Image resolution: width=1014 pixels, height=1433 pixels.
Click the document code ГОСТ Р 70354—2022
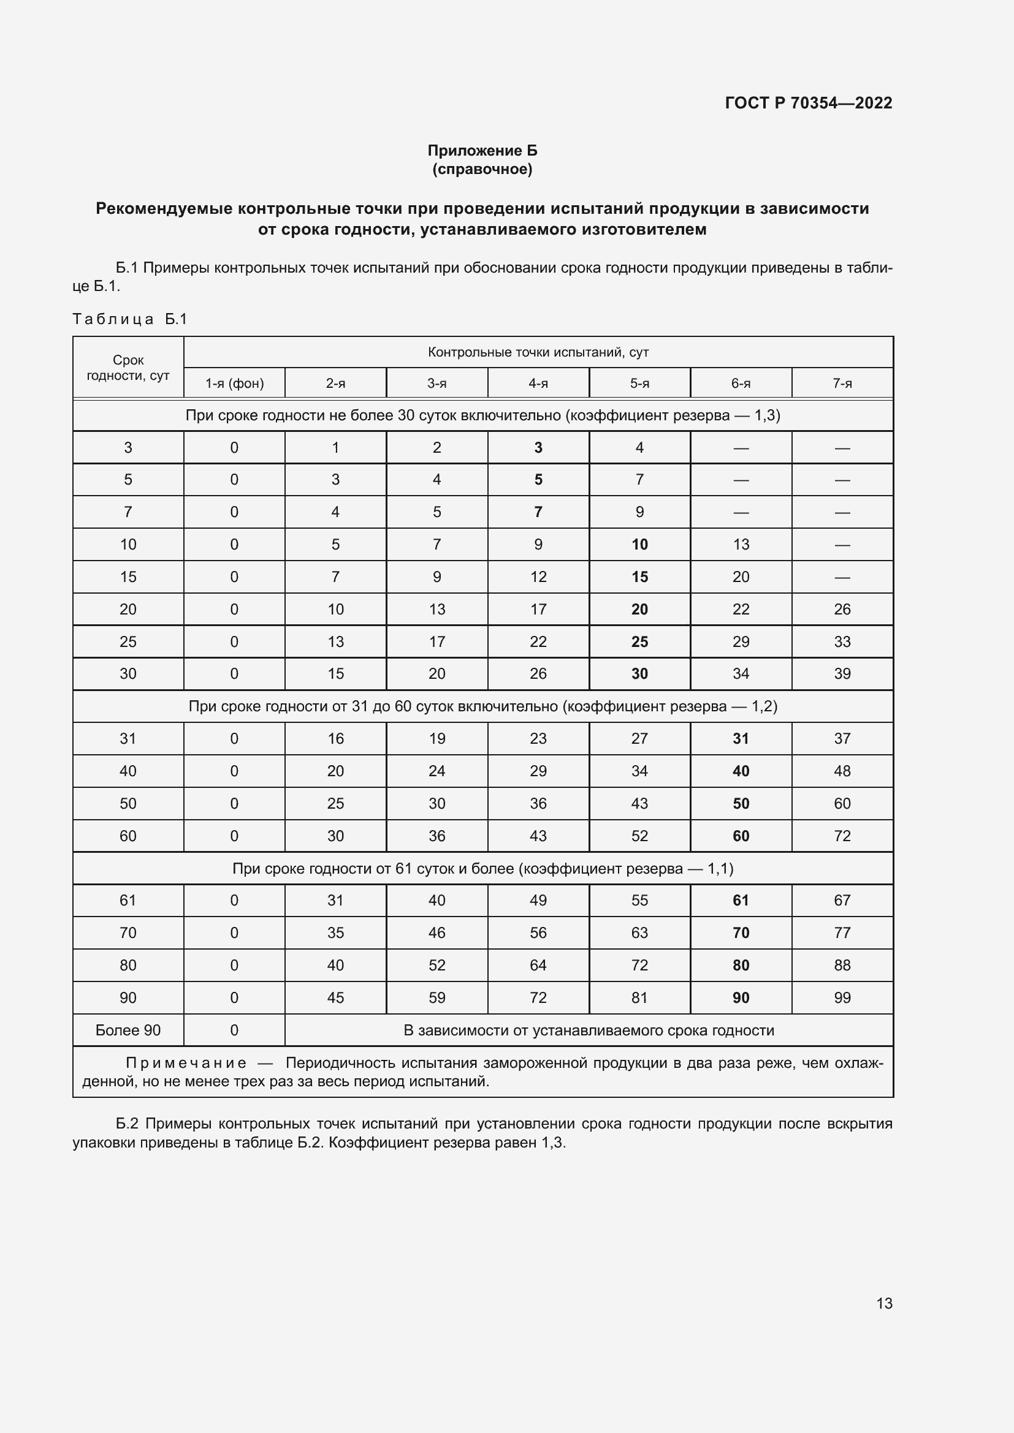808,103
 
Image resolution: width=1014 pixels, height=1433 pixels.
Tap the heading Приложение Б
482,151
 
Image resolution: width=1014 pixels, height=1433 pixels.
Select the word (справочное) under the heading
482,169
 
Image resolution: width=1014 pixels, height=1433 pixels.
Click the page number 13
884,1303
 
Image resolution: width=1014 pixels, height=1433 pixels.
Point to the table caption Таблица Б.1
130,319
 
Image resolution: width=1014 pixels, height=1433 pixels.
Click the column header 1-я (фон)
234,383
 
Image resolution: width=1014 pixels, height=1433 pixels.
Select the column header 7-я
842,383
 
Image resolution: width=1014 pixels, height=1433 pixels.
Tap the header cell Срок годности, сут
128,368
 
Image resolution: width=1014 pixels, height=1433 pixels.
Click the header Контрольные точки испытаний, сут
538,352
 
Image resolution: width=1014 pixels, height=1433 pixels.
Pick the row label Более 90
128,1030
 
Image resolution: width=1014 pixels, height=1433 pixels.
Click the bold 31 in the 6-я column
741,738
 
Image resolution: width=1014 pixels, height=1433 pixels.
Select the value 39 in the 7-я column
842,673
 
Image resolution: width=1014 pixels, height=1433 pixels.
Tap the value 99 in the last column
842,997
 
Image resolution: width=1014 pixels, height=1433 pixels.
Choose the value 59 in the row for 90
436,997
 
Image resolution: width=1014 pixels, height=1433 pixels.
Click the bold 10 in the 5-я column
639,544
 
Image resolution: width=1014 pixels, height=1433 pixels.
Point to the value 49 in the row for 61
538,900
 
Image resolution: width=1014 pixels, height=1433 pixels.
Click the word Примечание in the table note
186,1063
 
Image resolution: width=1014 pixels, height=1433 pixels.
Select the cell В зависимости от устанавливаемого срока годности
588,1030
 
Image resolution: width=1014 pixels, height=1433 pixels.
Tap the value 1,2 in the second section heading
764,706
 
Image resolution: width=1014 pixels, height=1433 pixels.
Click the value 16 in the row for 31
335,738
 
